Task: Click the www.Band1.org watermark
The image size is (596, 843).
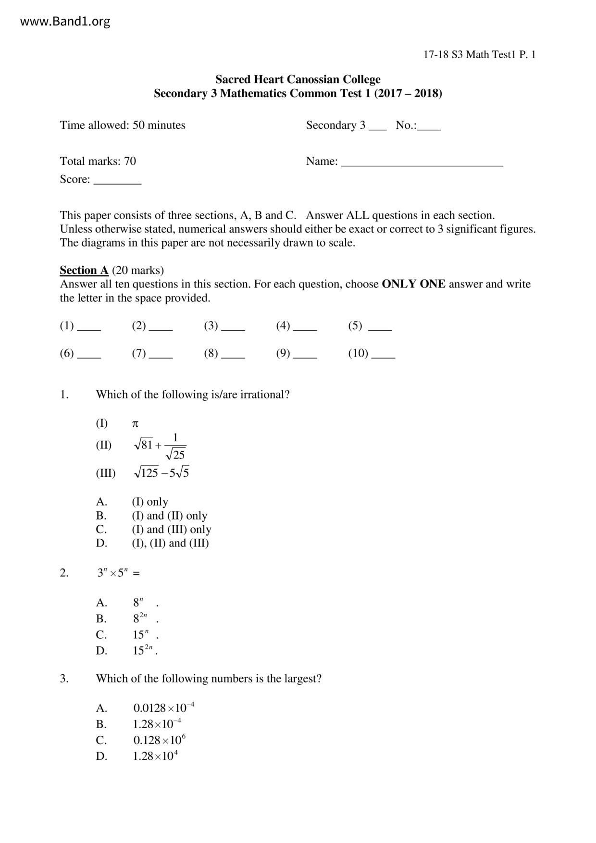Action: click(x=65, y=22)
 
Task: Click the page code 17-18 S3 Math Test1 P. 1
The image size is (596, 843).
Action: click(x=479, y=55)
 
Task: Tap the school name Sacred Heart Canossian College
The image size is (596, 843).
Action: click(x=298, y=79)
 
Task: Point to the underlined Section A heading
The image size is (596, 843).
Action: click(x=84, y=270)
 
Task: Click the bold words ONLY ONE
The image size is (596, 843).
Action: click(x=413, y=284)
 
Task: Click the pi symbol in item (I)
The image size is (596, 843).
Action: click(x=136, y=424)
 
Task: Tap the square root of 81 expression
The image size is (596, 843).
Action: click(x=143, y=445)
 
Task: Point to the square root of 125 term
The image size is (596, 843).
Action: click(x=146, y=473)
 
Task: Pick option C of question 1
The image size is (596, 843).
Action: click(x=171, y=530)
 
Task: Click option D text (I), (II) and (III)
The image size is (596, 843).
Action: click(x=170, y=543)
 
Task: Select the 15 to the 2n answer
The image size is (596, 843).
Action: click(x=143, y=650)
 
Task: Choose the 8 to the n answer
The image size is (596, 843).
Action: click(x=138, y=603)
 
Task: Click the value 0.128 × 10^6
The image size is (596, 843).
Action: click(x=159, y=740)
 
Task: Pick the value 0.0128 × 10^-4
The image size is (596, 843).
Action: click(x=163, y=708)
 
